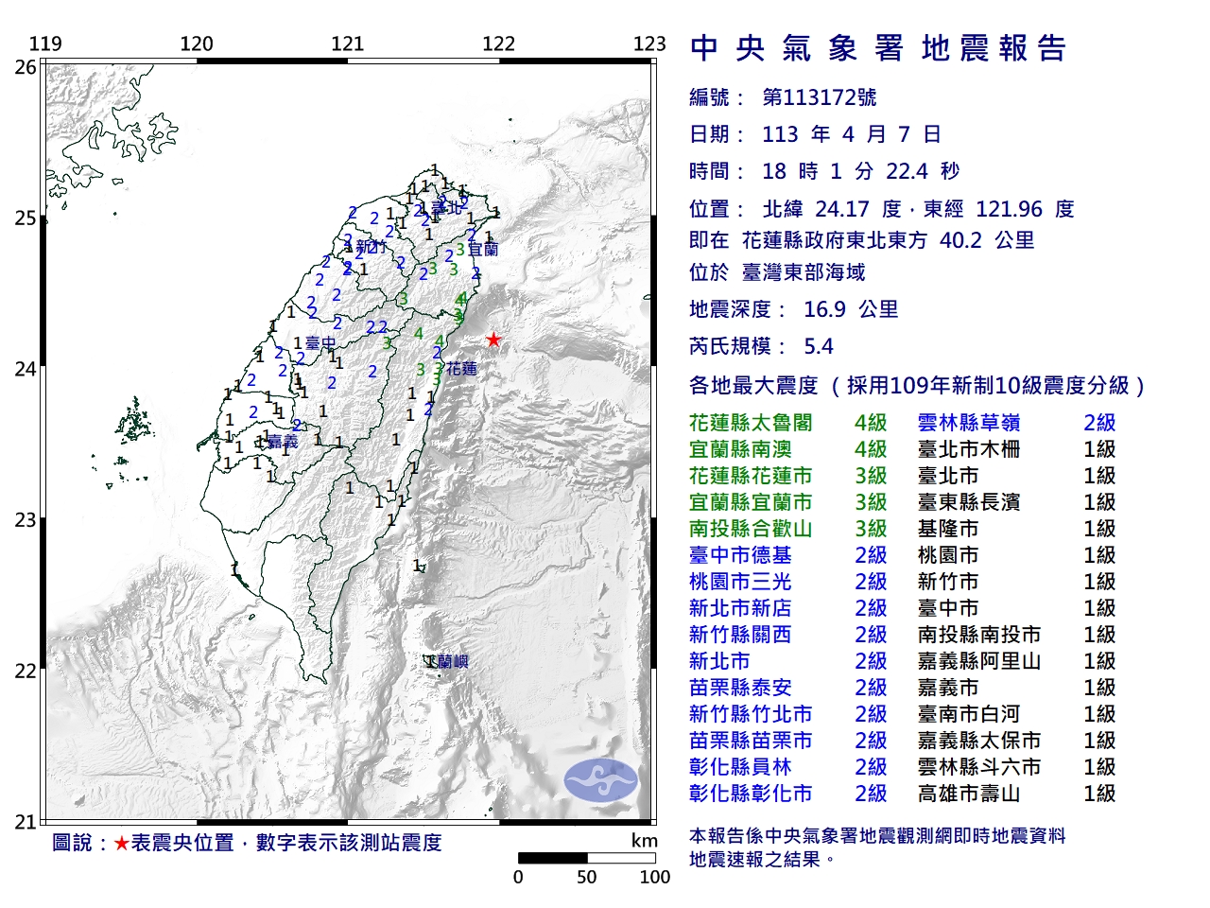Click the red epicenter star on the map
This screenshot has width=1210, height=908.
[493, 340]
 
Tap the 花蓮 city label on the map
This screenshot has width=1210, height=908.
[462, 368]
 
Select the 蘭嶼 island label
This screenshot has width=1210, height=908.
[447, 662]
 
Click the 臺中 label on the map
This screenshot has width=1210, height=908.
[320, 344]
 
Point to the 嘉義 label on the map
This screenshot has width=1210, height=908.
[283, 442]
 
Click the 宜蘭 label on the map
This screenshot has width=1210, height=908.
[483, 250]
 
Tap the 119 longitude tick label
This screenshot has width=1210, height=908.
[45, 44]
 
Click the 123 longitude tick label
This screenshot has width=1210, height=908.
[649, 44]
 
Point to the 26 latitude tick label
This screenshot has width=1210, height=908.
[26, 67]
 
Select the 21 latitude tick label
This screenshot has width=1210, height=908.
[26, 822]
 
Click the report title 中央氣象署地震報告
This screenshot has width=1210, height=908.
[878, 48]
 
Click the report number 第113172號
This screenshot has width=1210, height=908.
[819, 97]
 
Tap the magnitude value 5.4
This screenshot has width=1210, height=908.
[819, 346]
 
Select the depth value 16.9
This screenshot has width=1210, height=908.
[825, 309]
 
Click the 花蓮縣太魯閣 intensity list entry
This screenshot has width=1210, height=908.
[751, 423]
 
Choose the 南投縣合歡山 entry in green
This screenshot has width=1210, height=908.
[751, 529]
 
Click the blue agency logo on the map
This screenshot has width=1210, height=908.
[600, 780]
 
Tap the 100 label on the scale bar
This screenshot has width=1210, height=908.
[654, 877]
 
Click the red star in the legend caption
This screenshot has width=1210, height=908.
[121, 843]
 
